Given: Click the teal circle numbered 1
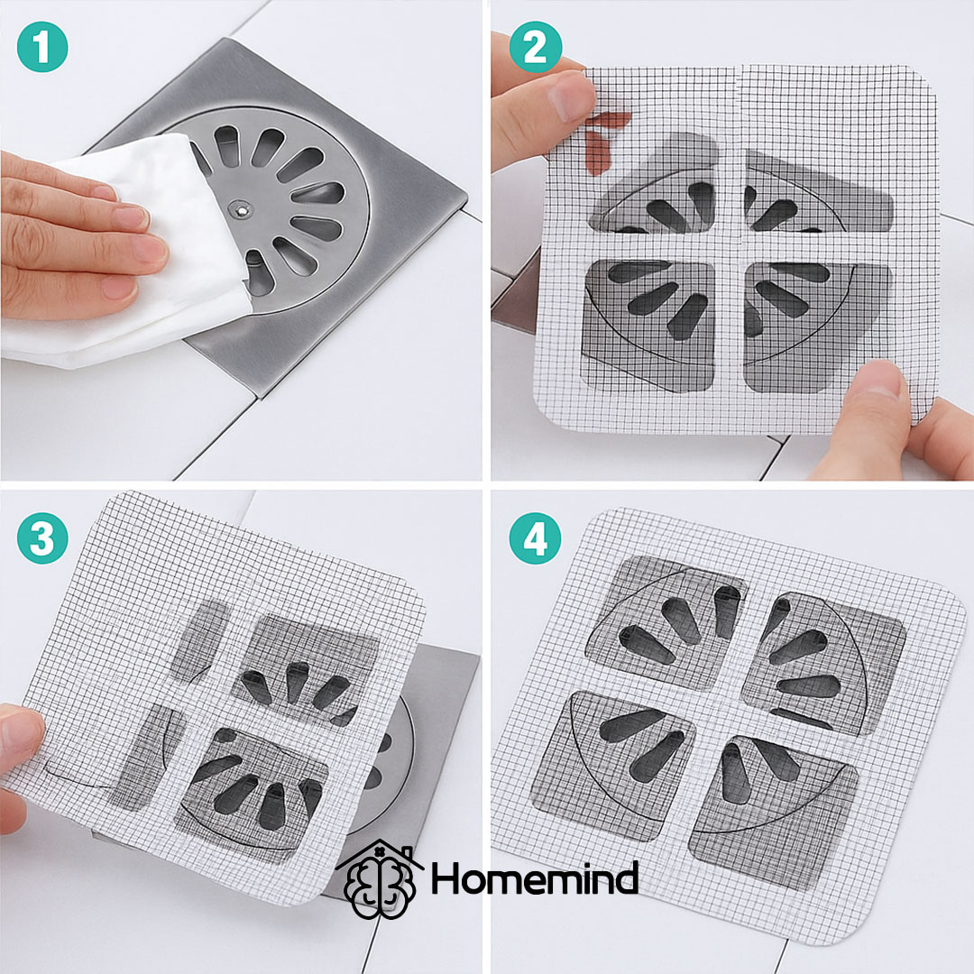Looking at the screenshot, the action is coord(42,47).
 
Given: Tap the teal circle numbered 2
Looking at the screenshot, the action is coord(536,47).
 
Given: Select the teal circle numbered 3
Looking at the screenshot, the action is coord(42,538).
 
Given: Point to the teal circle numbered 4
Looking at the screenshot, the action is coord(536,538).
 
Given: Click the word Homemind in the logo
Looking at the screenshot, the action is coord(535,878).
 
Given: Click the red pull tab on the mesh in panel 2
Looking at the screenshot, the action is coord(606,142).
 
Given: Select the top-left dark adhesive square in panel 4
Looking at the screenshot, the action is coord(666,621).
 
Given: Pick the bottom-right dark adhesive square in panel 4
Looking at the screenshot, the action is coord(774,804).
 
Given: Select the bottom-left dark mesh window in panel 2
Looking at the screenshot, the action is coord(649,326).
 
